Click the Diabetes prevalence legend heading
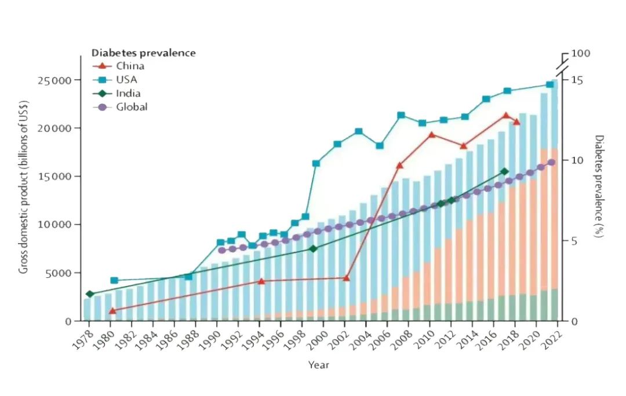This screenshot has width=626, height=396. tap(144, 53)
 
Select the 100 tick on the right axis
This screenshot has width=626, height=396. tap(581, 53)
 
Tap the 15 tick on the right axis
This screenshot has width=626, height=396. tap(577, 80)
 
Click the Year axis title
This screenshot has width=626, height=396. tap(319, 365)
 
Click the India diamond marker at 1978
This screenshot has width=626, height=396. tap(90, 294)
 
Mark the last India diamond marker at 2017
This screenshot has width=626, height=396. tap(504, 171)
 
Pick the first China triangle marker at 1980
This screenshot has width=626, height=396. tap(112, 311)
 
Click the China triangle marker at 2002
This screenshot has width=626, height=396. tap(347, 278)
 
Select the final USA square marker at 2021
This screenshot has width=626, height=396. tap(550, 85)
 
